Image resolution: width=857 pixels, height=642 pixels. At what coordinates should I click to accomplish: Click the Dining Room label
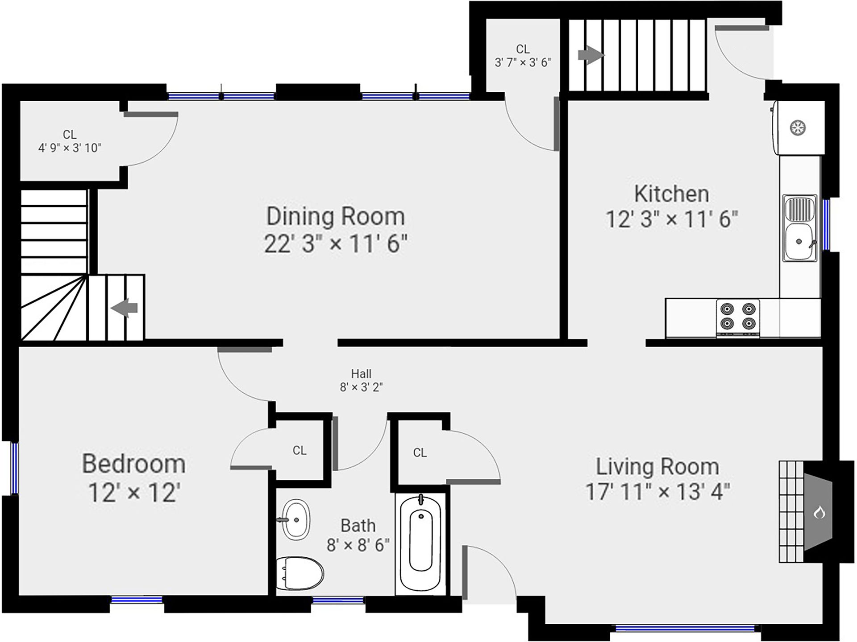pos(336,217)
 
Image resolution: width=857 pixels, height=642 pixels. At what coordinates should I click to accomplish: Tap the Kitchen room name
pos(671,194)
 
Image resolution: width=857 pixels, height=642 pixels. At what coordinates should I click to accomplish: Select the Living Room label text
pos(657,467)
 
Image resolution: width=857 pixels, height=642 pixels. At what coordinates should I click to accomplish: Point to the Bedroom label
pos(134,464)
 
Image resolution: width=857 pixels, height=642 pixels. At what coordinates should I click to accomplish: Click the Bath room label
pos(358,526)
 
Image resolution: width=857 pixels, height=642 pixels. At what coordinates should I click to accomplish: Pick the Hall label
pos(361,374)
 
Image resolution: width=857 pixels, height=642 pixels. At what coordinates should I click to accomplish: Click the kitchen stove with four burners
pos(738,318)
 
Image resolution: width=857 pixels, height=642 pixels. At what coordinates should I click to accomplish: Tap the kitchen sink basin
pos(800,241)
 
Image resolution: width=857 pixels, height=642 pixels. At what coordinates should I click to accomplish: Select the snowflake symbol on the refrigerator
pos(798,128)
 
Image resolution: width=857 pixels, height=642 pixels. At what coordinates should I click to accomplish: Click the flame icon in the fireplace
pos(819,513)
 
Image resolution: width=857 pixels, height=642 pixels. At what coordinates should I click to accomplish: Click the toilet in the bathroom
pos(300,573)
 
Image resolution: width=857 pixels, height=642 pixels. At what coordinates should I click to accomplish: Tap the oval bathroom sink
pos(296,520)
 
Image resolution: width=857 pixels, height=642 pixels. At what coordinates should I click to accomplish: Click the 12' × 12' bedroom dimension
pos(134,493)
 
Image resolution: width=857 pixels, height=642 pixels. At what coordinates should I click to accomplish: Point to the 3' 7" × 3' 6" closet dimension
pos(523,62)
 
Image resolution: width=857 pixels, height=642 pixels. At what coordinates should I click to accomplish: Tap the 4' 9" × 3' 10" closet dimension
pos(70,148)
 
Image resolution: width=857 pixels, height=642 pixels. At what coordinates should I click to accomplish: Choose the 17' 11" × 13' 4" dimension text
pos(657,492)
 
